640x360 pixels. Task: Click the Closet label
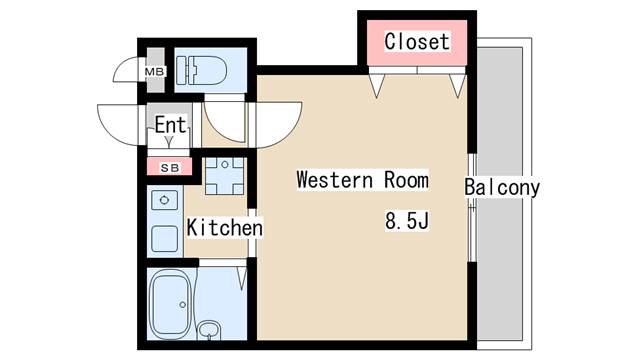click(417, 42)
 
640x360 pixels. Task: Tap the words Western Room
click(362, 180)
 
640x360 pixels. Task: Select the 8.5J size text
click(407, 221)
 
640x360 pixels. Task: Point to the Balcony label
click(502, 188)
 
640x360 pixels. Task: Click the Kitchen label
click(225, 227)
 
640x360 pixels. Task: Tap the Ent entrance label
click(170, 124)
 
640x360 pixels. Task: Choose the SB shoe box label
click(169, 168)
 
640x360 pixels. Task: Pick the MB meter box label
click(155, 72)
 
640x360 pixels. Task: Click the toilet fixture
click(201, 70)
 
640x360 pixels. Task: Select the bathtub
click(171, 304)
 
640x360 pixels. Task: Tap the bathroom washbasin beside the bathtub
click(209, 330)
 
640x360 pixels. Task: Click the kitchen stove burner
click(164, 200)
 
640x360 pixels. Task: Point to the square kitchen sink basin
click(164, 239)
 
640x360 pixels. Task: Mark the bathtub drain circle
click(182, 304)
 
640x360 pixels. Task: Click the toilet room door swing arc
click(218, 130)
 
